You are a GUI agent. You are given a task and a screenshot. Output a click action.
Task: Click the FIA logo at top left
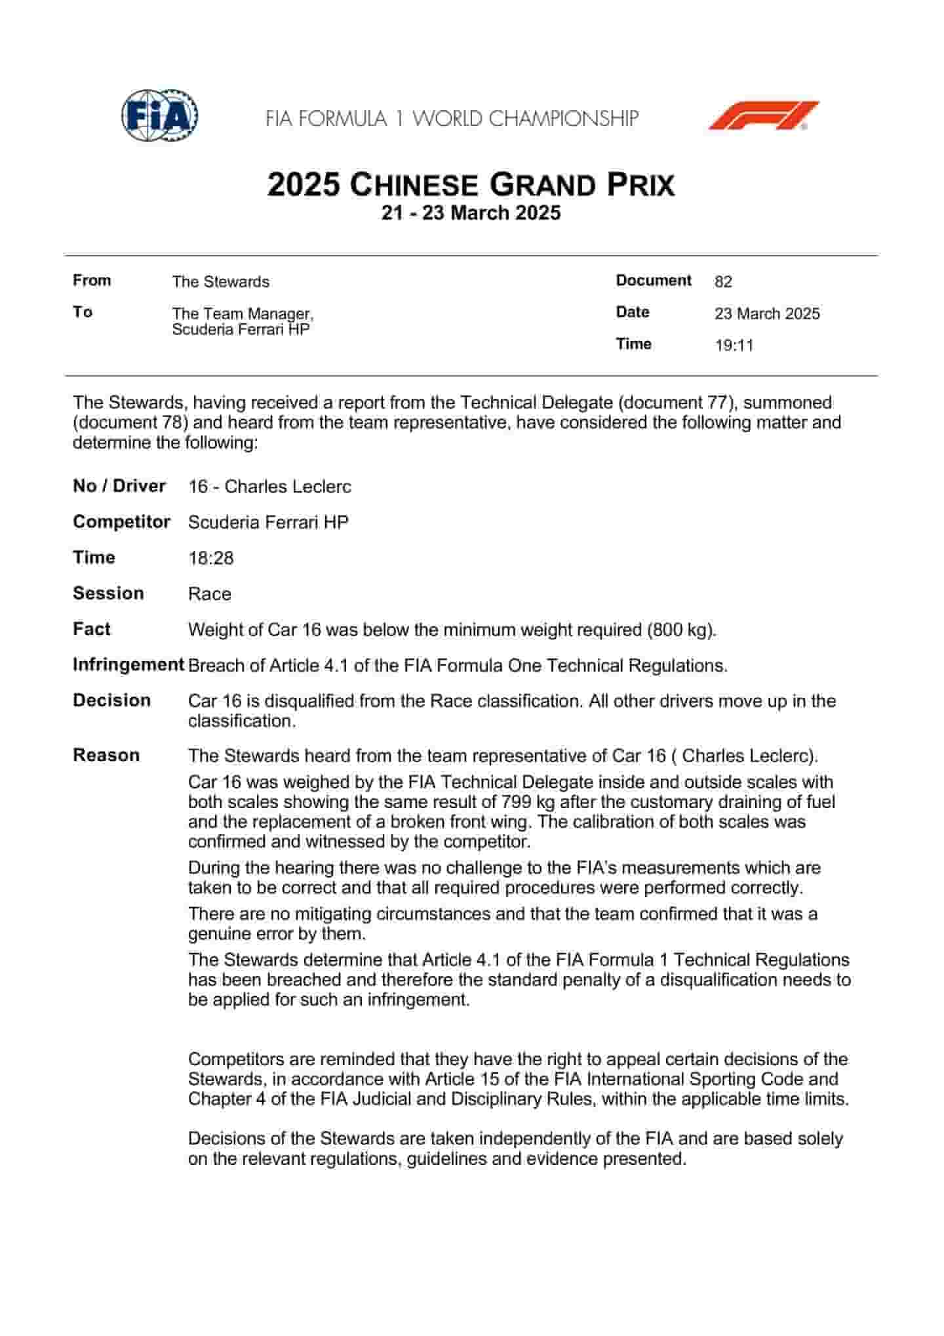click(x=159, y=115)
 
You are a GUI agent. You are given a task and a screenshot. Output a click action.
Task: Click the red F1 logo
click(x=764, y=115)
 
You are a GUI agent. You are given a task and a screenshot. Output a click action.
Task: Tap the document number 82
click(x=723, y=282)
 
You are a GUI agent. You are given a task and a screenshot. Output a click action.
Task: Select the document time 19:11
click(x=734, y=346)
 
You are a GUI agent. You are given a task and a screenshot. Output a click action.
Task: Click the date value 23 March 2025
click(x=767, y=314)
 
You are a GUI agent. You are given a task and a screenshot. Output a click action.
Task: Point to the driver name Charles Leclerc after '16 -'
click(x=288, y=487)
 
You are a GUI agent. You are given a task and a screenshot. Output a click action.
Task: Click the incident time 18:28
click(x=210, y=558)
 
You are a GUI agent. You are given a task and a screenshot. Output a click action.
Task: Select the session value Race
click(x=209, y=594)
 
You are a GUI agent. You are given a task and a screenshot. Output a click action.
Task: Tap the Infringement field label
click(x=128, y=665)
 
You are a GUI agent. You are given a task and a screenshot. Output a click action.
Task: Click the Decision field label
click(x=111, y=700)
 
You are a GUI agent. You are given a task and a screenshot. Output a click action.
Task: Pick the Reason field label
click(x=106, y=756)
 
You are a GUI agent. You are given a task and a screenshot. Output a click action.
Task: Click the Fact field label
click(x=92, y=629)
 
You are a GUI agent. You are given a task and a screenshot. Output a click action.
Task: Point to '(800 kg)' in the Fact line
click(x=680, y=630)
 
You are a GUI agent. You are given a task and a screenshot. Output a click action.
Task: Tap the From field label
click(x=92, y=281)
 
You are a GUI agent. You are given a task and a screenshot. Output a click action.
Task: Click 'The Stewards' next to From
click(x=220, y=282)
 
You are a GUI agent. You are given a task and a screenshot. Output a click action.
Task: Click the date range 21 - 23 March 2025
click(x=471, y=213)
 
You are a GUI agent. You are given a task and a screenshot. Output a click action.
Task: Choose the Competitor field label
click(x=121, y=522)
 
